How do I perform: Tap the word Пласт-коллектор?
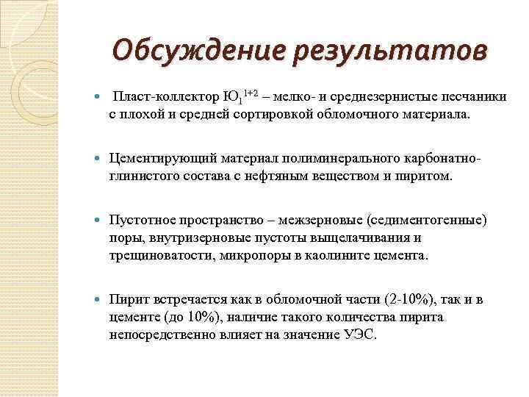pos(166,97)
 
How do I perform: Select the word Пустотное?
pos(140,221)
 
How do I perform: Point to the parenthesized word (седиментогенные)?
pos(427,221)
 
